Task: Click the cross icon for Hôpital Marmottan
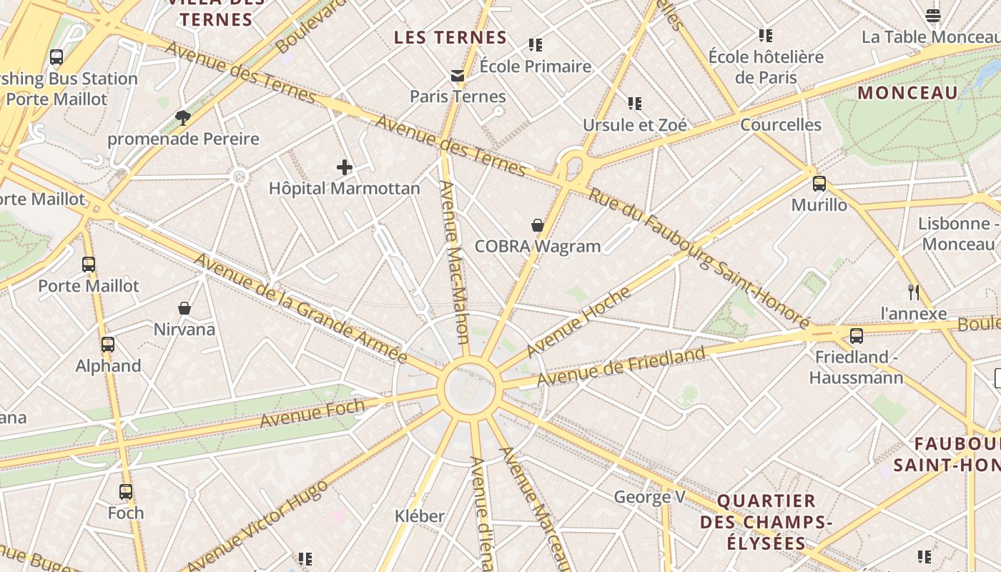click(x=345, y=167)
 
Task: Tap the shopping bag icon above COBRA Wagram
click(x=538, y=225)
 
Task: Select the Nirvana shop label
click(x=184, y=330)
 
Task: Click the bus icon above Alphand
click(x=108, y=344)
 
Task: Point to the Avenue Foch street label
click(x=312, y=414)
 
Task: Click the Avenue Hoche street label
click(x=579, y=322)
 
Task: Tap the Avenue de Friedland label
click(x=621, y=366)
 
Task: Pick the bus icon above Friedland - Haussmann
click(x=857, y=335)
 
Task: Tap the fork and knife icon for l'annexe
click(x=913, y=292)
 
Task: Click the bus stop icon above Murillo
click(x=819, y=184)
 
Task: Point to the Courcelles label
click(x=781, y=124)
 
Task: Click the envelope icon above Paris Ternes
click(x=458, y=76)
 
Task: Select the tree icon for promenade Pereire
click(x=183, y=117)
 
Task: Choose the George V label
click(x=650, y=496)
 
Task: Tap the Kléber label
click(x=420, y=516)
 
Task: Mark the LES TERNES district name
click(x=450, y=37)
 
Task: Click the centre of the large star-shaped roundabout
click(x=470, y=388)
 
